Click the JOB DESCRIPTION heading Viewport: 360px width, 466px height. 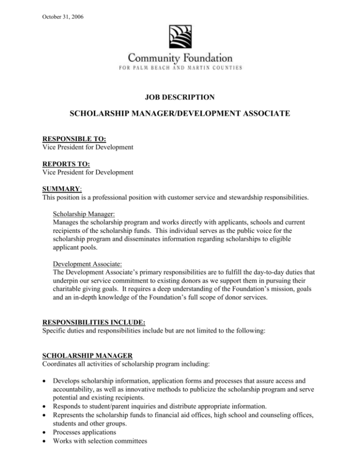(180, 98)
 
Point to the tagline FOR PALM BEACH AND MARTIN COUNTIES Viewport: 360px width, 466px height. (180, 68)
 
